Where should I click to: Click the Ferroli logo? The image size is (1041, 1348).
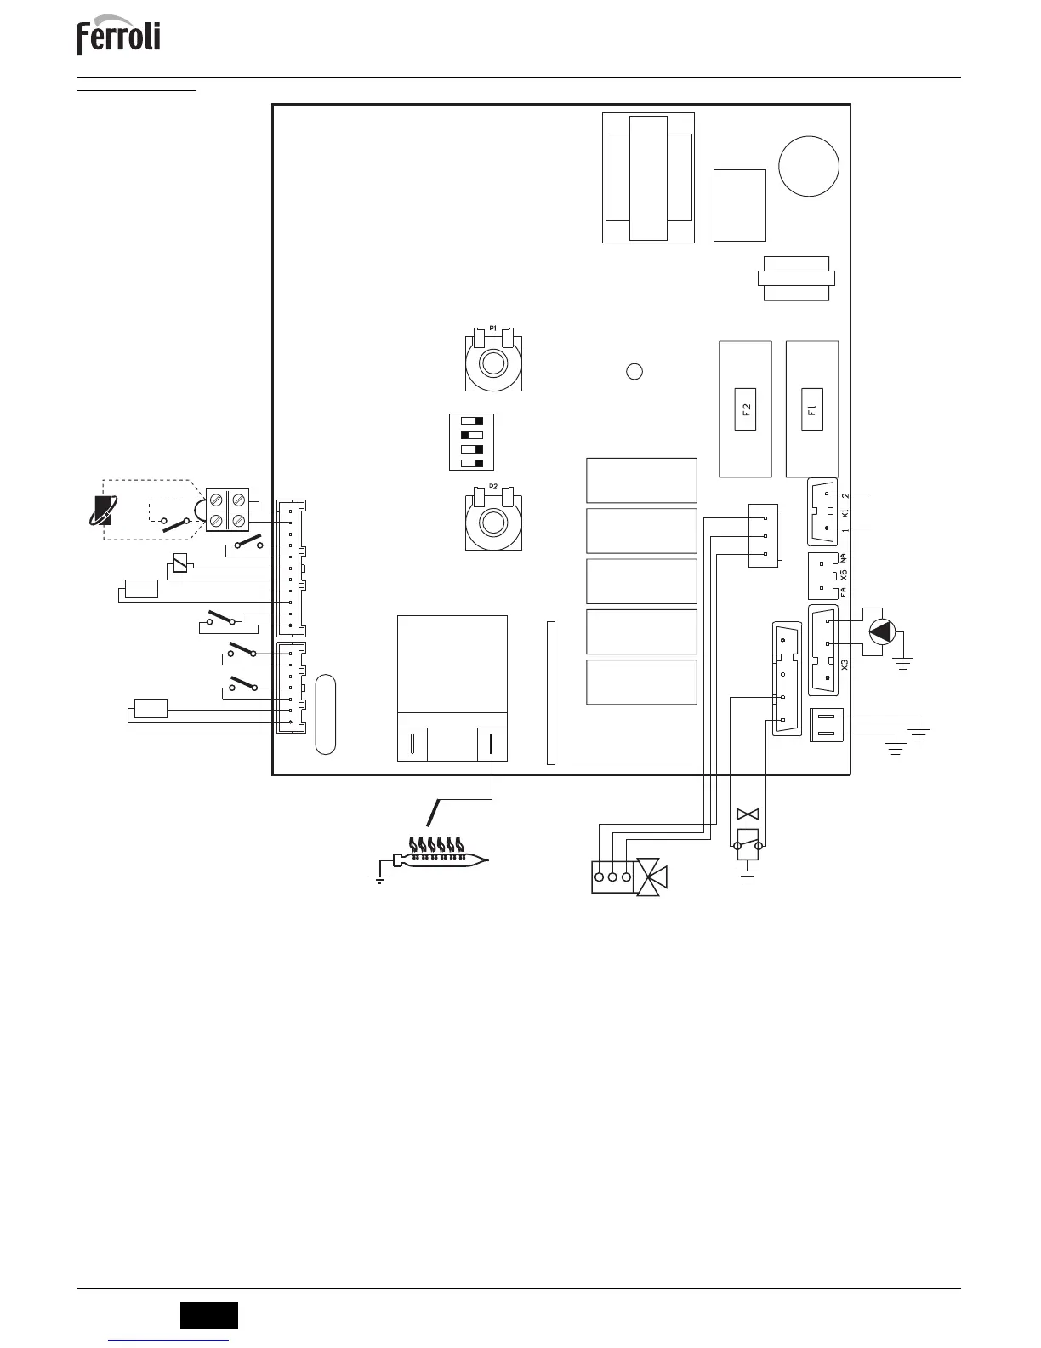tap(118, 39)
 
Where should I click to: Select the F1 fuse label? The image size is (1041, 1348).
tap(812, 408)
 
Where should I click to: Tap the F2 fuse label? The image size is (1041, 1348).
tap(746, 408)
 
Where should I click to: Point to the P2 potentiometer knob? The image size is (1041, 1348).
tap(492, 522)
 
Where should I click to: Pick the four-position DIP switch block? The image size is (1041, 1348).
tap(470, 442)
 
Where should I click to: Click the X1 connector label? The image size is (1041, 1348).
tap(845, 513)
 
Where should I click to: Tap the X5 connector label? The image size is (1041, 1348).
tap(844, 574)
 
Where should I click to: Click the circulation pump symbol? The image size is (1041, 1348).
tap(883, 631)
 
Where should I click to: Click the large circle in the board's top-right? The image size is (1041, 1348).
tap(809, 166)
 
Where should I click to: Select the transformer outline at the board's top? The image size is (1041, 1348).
tap(648, 177)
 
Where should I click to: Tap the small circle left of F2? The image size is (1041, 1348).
tap(634, 371)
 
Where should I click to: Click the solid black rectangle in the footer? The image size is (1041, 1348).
tap(208, 1315)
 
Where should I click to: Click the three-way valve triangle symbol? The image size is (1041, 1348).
tap(652, 877)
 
